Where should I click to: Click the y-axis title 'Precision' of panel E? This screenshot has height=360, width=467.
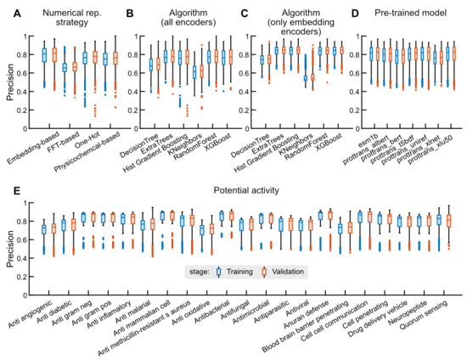click(x=9, y=239)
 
